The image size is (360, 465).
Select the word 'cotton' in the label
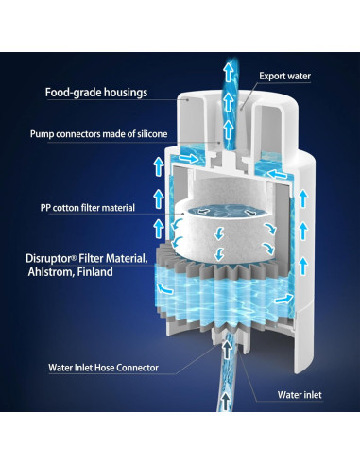[77, 207]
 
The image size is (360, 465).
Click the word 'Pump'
[43, 133]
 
